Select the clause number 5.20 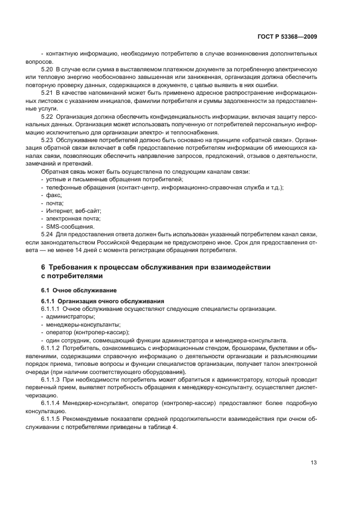pyautogui.click(x=48, y=70)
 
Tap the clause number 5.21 pyautogui.click(x=48, y=93)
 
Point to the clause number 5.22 pyautogui.click(x=48, y=116)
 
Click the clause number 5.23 pyautogui.click(x=48, y=140)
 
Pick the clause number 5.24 pyautogui.click(x=48, y=235)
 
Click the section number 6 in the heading pyautogui.click(x=43, y=267)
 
